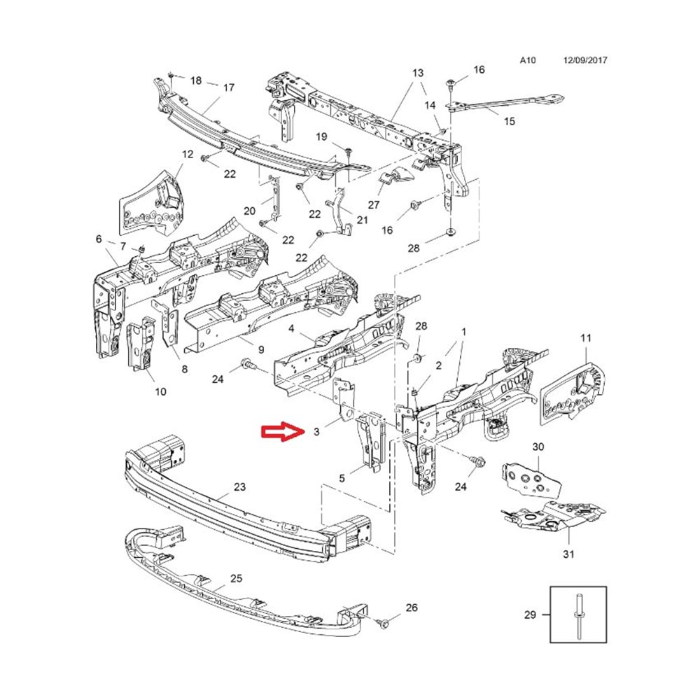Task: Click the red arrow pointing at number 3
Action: pos(283,431)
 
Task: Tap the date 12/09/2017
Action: pos(585,59)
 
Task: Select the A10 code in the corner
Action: pos(528,59)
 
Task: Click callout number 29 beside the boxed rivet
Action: pos(530,615)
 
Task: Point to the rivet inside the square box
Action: pos(579,615)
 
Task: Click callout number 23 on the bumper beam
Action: pos(239,486)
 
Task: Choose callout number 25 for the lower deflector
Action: pos(236,579)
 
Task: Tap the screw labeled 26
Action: pos(384,622)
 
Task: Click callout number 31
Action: pos(568,554)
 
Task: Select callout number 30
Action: pos(538,447)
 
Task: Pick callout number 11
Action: pos(586,338)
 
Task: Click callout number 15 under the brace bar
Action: pos(510,121)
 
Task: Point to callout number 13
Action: pos(418,73)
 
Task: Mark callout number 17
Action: pos(229,87)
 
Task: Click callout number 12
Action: pos(188,154)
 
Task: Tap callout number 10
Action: pos(161,391)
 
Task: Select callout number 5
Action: pos(342,478)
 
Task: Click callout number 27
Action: pos(374,205)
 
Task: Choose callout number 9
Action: pos(261,349)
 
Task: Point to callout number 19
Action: pos(321,136)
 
